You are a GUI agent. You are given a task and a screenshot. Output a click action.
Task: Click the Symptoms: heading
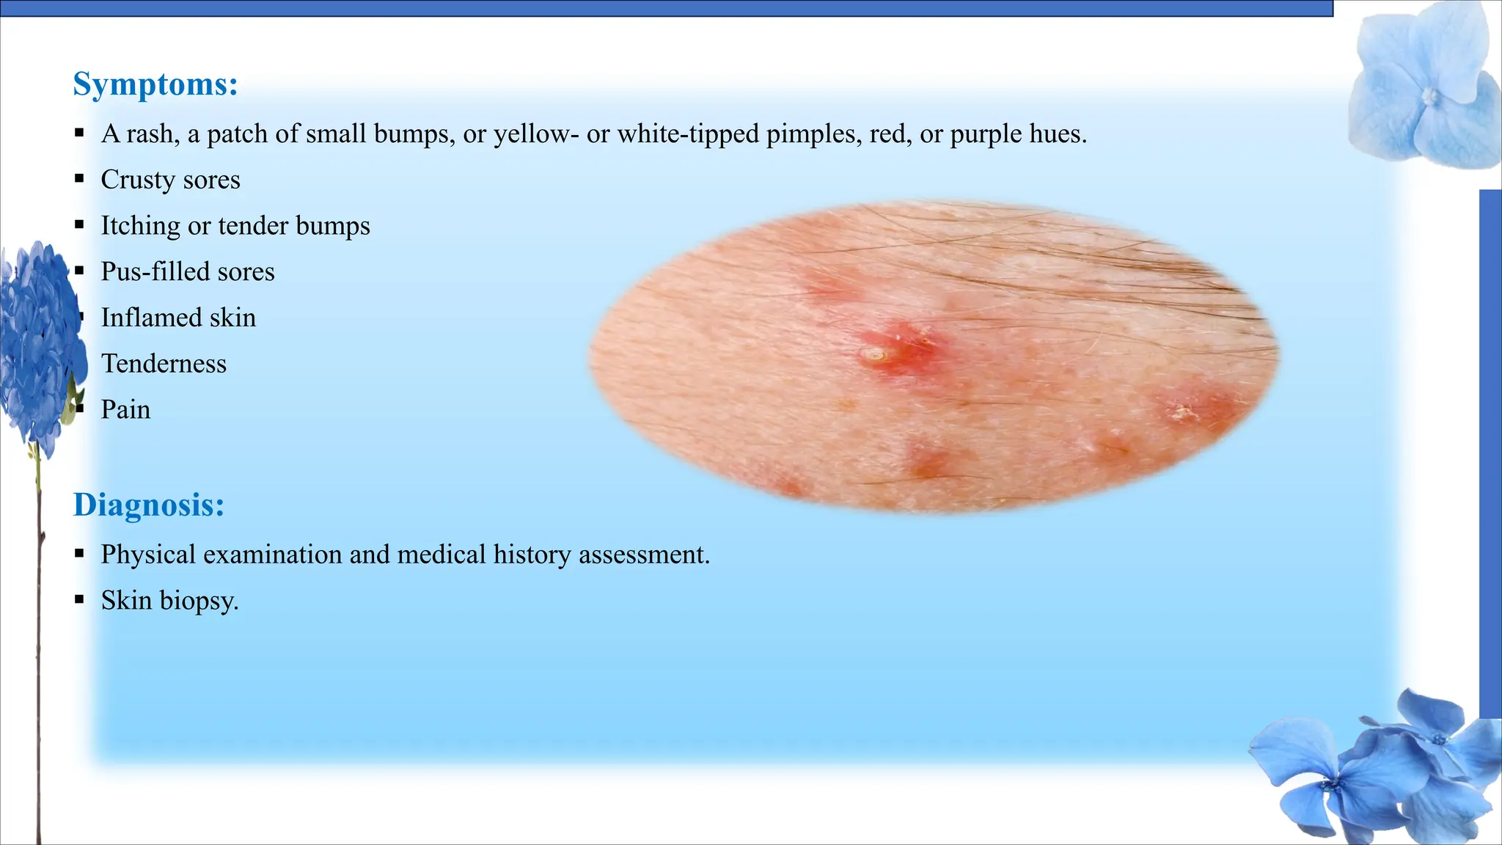[155, 84]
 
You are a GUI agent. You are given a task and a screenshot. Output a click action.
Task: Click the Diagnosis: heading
[149, 505]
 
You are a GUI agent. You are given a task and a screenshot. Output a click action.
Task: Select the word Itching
[140, 226]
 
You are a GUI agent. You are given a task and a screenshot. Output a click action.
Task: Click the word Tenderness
[164, 364]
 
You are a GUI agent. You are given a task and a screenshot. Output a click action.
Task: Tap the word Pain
[125, 409]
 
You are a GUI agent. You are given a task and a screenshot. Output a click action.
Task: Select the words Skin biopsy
[169, 601]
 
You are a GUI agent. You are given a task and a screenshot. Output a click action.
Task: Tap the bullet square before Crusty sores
[79, 179]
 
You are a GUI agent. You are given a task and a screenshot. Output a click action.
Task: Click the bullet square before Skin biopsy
[79, 600]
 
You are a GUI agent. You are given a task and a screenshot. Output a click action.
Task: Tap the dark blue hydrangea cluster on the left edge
[40, 345]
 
